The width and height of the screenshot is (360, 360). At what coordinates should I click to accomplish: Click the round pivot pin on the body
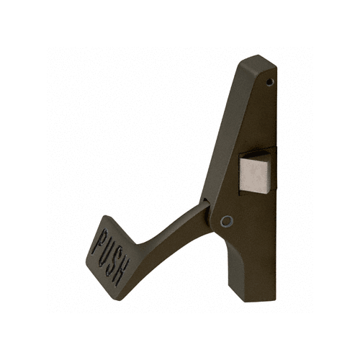[x=228, y=222]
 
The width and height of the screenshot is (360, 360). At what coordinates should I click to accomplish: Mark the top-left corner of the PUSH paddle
[x=102, y=216]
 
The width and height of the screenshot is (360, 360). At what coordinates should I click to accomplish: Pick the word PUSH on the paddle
[x=112, y=256]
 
